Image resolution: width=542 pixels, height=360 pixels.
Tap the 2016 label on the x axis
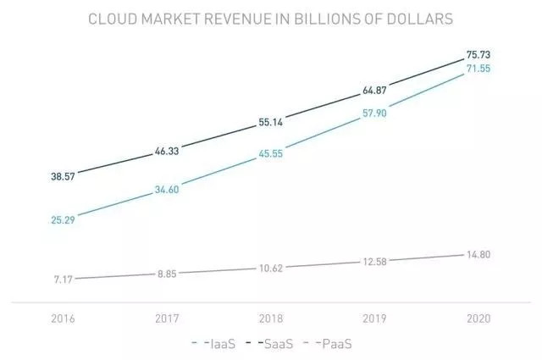(x=63, y=318)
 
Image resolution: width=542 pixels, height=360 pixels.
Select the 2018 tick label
(x=271, y=318)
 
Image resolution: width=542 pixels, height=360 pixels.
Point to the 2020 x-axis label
(x=478, y=318)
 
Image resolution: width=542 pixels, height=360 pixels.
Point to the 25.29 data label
(x=63, y=220)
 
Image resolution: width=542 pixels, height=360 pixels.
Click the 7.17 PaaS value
(x=63, y=279)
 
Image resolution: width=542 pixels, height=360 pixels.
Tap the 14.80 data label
(x=478, y=254)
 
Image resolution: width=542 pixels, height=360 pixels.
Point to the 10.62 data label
(x=271, y=268)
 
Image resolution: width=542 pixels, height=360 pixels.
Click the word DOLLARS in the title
(x=420, y=18)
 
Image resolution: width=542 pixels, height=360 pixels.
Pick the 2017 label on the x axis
(x=167, y=318)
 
